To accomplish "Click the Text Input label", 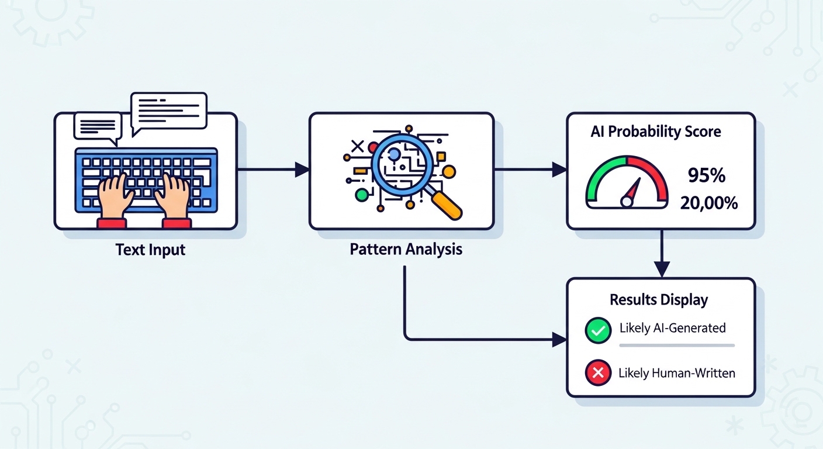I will [150, 250].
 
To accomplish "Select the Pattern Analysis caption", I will [406, 249].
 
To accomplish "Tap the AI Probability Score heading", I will [656, 132].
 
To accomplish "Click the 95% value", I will [706, 175].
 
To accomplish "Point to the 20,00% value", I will [708, 203].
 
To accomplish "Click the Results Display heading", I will [659, 300].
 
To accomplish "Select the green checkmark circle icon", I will [597, 330].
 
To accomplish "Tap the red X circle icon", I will [597, 372].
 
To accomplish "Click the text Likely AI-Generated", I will [672, 328].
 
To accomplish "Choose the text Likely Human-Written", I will [676, 372].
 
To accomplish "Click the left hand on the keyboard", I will [115, 196].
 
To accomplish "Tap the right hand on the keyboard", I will [174, 196].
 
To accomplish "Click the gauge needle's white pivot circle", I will [627, 202].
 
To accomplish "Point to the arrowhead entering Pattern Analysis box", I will [302, 170].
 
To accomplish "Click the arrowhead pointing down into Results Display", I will [661, 270].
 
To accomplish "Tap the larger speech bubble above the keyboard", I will [169, 110].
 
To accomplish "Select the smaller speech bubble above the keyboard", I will [97, 126].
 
